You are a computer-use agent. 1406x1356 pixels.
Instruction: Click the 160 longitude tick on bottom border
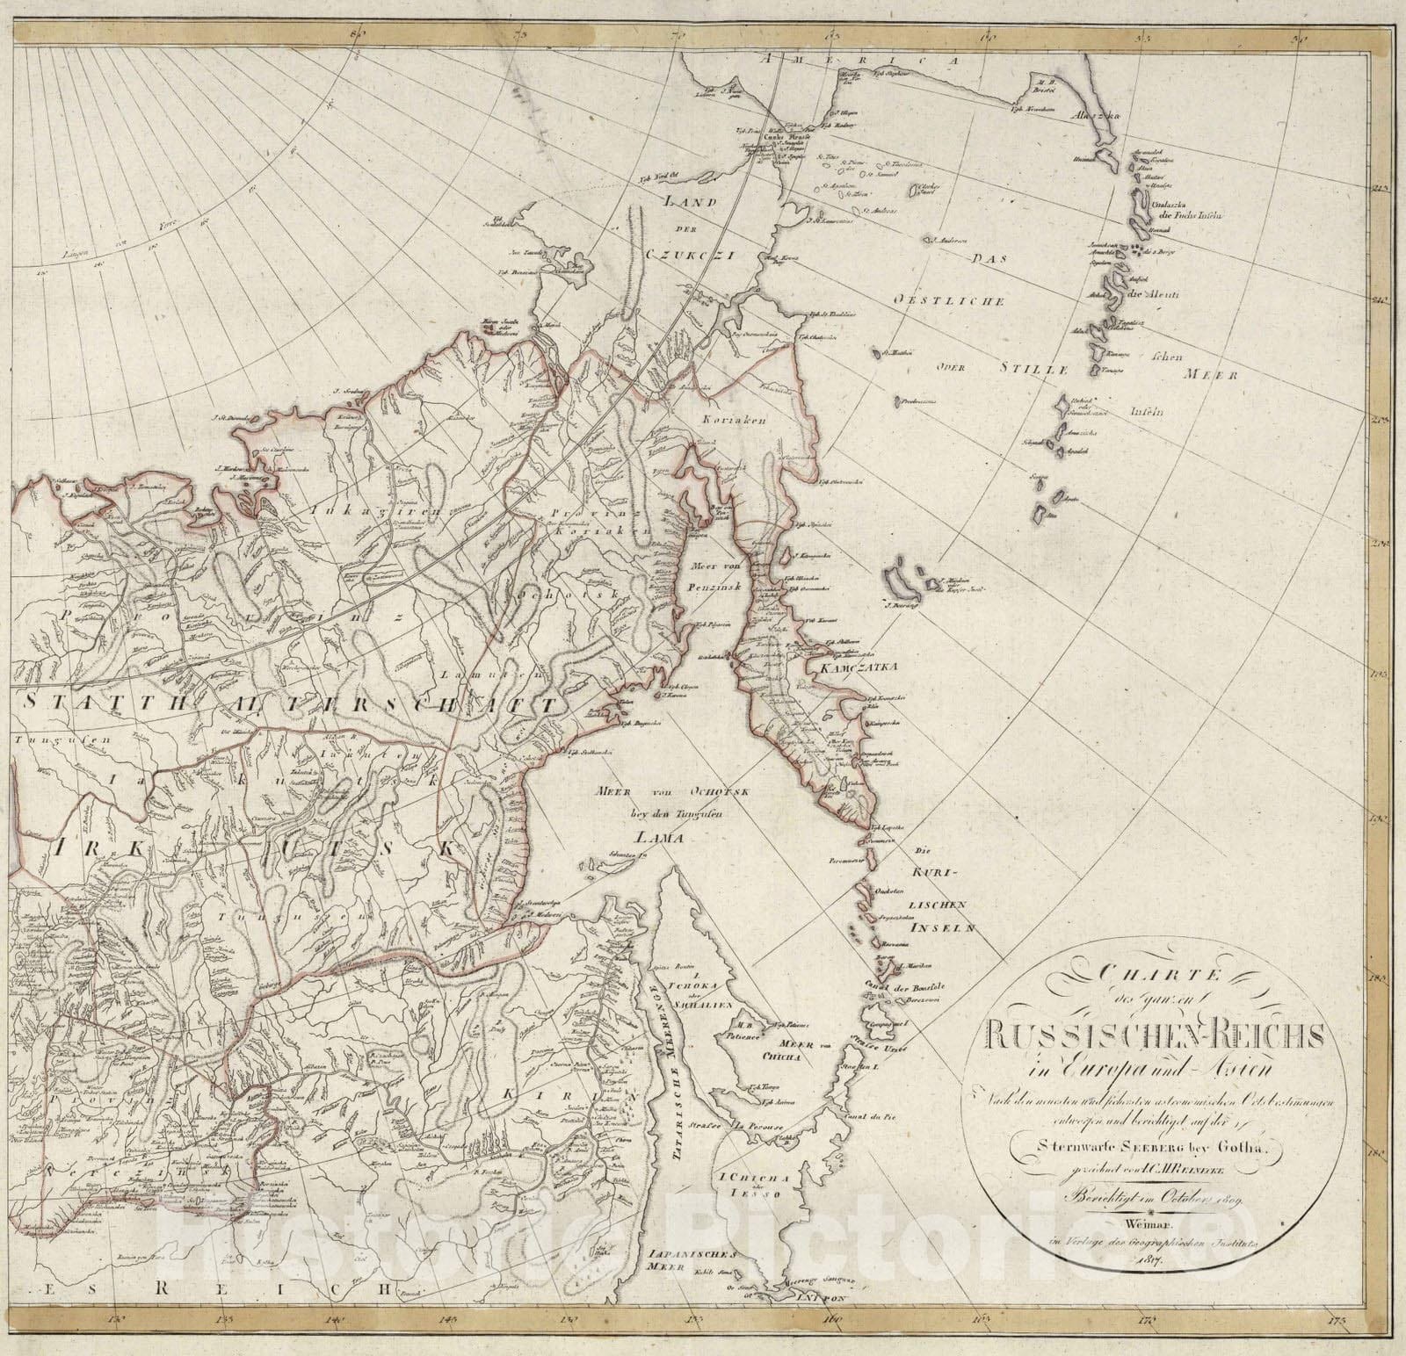pyautogui.click(x=831, y=1318)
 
